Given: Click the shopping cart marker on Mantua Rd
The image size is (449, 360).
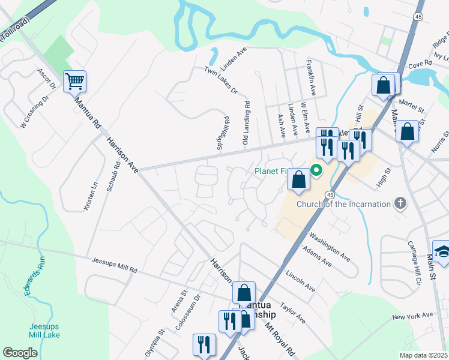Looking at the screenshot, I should tap(74, 82).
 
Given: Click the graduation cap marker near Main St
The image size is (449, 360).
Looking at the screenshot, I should tap(442, 251).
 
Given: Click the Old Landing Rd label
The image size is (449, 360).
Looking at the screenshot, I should tap(246, 123).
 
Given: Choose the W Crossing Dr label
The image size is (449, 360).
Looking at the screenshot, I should tap(33, 112).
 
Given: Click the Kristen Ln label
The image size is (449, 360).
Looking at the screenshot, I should tap(94, 194).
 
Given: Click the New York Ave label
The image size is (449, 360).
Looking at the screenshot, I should tap(412, 316).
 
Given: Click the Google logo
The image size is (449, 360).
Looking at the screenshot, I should tap(20, 352).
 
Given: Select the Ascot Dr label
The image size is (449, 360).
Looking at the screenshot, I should tap(46, 79).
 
